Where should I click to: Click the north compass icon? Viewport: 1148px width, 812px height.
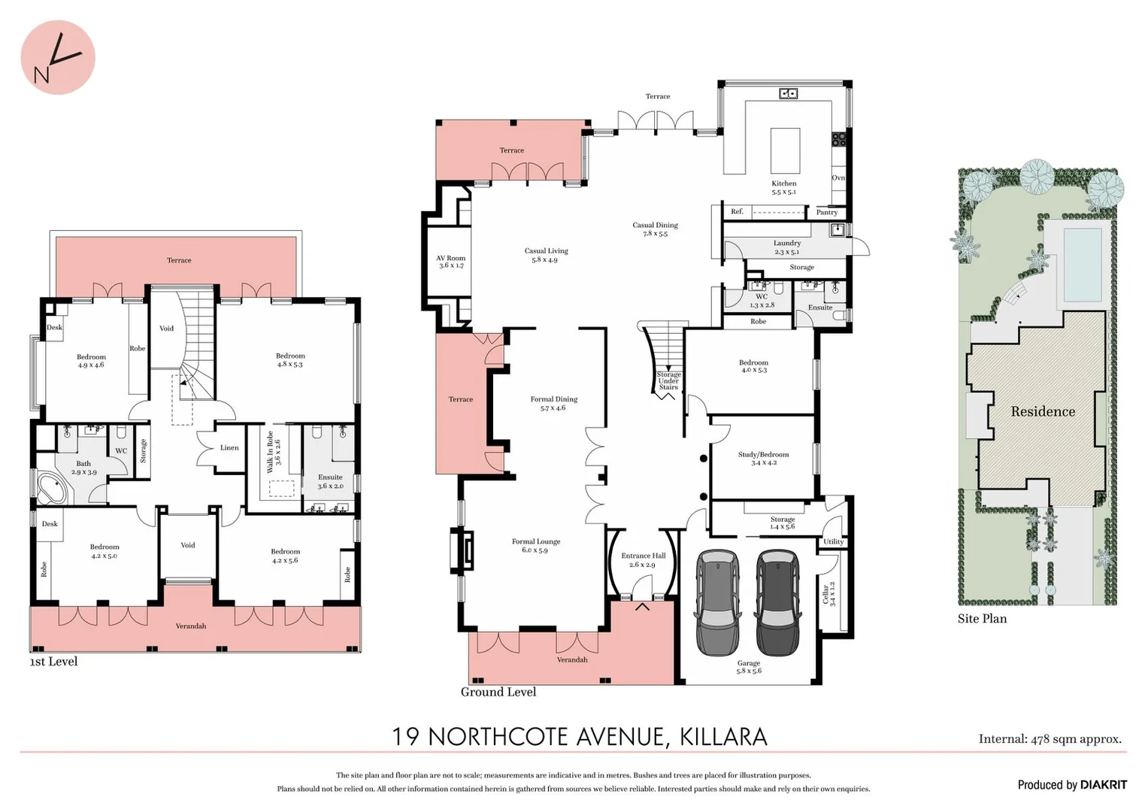[57, 58]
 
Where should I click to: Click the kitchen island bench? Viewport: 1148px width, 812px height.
[785, 150]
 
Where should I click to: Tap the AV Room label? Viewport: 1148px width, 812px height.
[451, 262]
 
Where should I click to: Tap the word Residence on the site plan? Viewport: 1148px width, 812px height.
[1043, 412]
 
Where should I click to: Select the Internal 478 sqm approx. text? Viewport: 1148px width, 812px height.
[1050, 739]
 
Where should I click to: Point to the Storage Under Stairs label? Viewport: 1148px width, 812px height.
[668, 380]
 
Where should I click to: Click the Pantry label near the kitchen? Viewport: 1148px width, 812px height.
[826, 213]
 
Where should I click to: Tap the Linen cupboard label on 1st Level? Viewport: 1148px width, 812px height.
[229, 448]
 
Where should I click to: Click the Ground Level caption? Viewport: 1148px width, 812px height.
[498, 692]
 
